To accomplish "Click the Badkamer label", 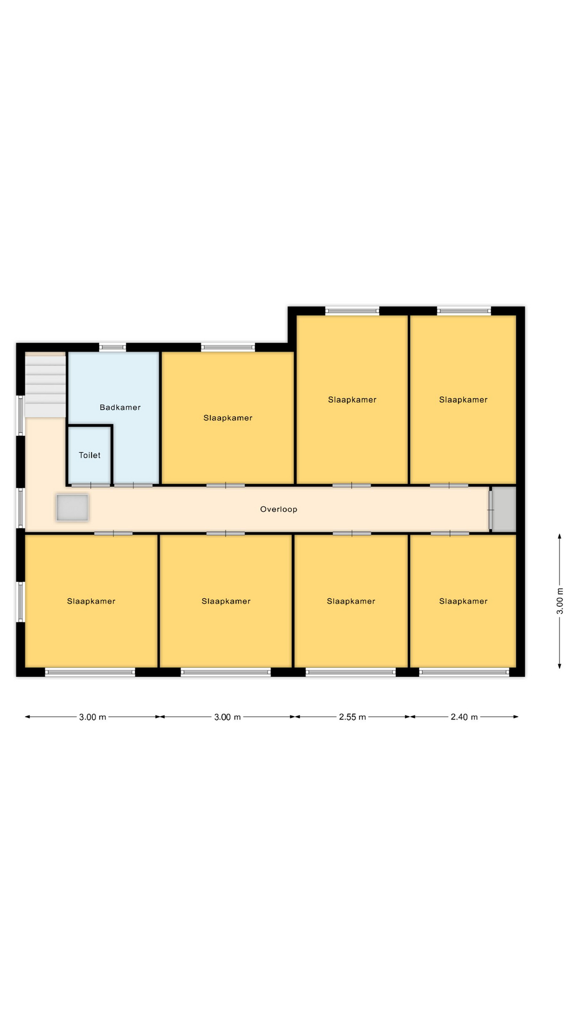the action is [120, 407].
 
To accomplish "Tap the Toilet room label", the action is [90, 455].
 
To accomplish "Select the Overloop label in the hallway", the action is [278, 509].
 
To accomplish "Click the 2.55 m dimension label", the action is [353, 717].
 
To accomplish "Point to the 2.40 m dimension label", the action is [464, 717].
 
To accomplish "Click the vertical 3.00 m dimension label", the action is [560, 601].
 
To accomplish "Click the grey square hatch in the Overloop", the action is [73, 507].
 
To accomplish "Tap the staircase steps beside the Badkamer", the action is [45, 386].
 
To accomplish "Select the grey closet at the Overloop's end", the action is [504, 509].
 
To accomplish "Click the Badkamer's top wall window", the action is [113, 347].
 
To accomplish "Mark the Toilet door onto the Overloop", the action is [91, 485].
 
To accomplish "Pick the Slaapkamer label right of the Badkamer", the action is [228, 418].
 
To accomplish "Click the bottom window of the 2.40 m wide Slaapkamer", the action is [464, 672].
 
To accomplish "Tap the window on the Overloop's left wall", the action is [21, 508].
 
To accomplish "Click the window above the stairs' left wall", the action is [21, 415].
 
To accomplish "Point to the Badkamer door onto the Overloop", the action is [133, 485].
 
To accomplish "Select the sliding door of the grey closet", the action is [491, 510].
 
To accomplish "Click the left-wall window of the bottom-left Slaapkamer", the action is [21, 602].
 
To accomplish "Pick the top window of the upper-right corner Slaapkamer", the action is [464, 310].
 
